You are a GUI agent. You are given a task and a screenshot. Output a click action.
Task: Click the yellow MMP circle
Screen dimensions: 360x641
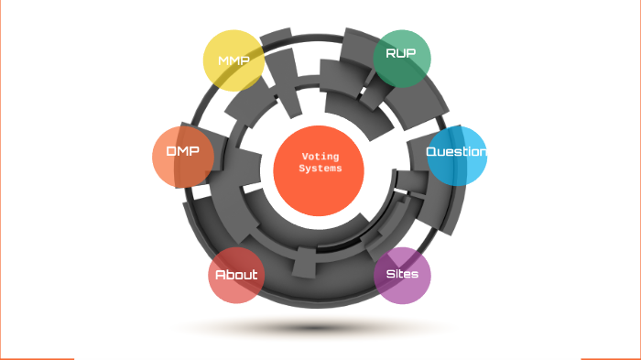(x=234, y=60)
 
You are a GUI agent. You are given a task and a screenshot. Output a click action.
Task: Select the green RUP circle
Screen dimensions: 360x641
(x=402, y=59)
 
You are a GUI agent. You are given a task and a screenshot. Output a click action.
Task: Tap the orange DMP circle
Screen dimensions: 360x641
(x=183, y=156)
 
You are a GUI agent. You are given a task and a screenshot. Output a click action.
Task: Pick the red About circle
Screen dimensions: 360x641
(x=236, y=275)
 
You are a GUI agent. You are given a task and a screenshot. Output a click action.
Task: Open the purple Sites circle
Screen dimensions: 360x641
(x=402, y=275)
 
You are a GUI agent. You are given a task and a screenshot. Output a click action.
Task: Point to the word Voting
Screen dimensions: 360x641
(x=320, y=157)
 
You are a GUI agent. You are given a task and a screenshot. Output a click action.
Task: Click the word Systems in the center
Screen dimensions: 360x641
(x=320, y=169)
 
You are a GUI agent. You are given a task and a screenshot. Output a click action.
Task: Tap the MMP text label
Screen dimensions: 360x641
(x=234, y=60)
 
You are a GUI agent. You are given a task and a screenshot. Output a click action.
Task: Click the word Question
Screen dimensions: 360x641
(x=456, y=151)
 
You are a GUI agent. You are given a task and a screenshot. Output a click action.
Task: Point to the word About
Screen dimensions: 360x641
(x=236, y=275)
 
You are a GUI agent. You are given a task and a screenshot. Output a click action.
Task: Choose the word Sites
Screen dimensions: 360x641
(x=402, y=274)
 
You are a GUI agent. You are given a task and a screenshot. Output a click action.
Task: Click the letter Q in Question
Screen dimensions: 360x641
(x=432, y=151)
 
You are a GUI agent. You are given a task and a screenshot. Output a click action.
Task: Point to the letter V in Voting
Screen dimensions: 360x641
(x=304, y=157)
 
